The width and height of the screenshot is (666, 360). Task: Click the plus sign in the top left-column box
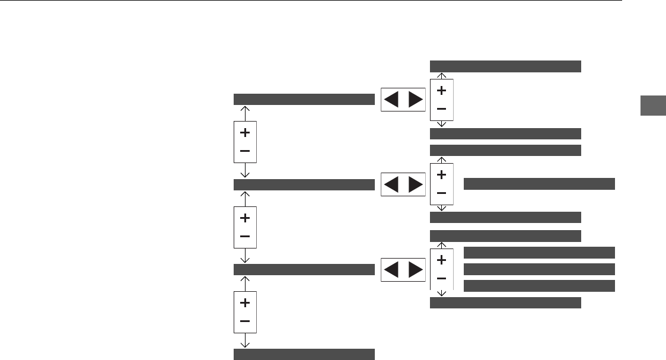(245, 133)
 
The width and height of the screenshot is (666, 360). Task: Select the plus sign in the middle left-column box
(245, 218)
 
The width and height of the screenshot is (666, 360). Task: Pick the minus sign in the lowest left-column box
(245, 321)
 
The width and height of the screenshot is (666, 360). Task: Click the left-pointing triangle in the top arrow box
(392, 100)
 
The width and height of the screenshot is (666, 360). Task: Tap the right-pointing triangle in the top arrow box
(416, 100)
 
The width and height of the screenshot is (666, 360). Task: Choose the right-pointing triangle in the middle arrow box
(416, 184)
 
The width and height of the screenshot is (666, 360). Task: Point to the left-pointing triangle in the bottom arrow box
(392, 269)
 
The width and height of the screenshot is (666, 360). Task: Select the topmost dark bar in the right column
(505, 66)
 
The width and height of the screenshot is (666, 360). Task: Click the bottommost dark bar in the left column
(304, 354)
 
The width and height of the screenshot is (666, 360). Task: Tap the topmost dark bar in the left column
(304, 99)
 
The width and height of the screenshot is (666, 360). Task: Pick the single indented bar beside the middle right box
(539, 183)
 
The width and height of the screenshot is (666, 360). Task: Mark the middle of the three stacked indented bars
(539, 269)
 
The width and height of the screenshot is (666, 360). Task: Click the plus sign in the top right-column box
(441, 90)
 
